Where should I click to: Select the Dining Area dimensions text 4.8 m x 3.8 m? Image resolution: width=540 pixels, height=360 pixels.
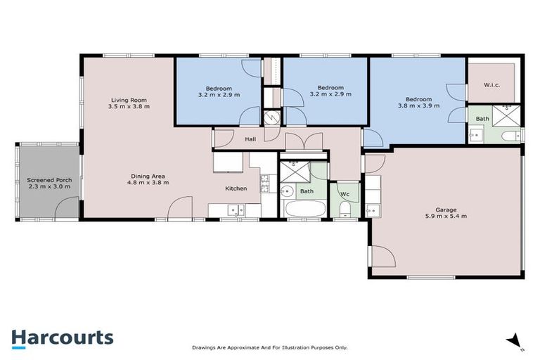pos(149,182)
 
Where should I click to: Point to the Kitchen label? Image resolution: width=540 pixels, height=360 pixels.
pos(236,188)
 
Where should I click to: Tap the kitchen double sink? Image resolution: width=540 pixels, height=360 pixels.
pos(235,209)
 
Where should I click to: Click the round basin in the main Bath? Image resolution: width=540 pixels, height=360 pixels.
pos(288,191)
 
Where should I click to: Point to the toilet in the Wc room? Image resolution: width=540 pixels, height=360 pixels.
pos(344,209)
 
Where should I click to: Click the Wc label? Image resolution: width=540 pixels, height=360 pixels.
pos(345,194)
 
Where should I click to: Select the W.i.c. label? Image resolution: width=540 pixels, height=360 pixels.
pos(492,85)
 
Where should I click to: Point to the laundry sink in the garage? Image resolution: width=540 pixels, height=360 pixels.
pos(373,209)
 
